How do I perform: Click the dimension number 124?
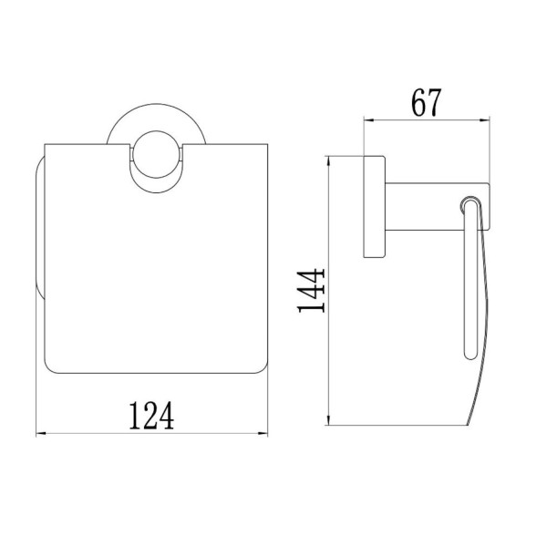[x=151, y=416]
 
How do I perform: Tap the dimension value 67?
[x=426, y=102]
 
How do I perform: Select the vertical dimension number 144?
[x=312, y=290]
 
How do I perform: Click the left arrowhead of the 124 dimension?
[x=41, y=434]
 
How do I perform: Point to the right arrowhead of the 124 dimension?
[x=263, y=434]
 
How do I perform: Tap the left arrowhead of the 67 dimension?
[x=369, y=120]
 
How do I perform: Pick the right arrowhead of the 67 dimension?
[x=485, y=120]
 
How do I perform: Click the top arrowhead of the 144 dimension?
[x=328, y=161]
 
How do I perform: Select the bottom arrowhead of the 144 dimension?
[x=328, y=419]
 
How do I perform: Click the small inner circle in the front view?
[x=156, y=131]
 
